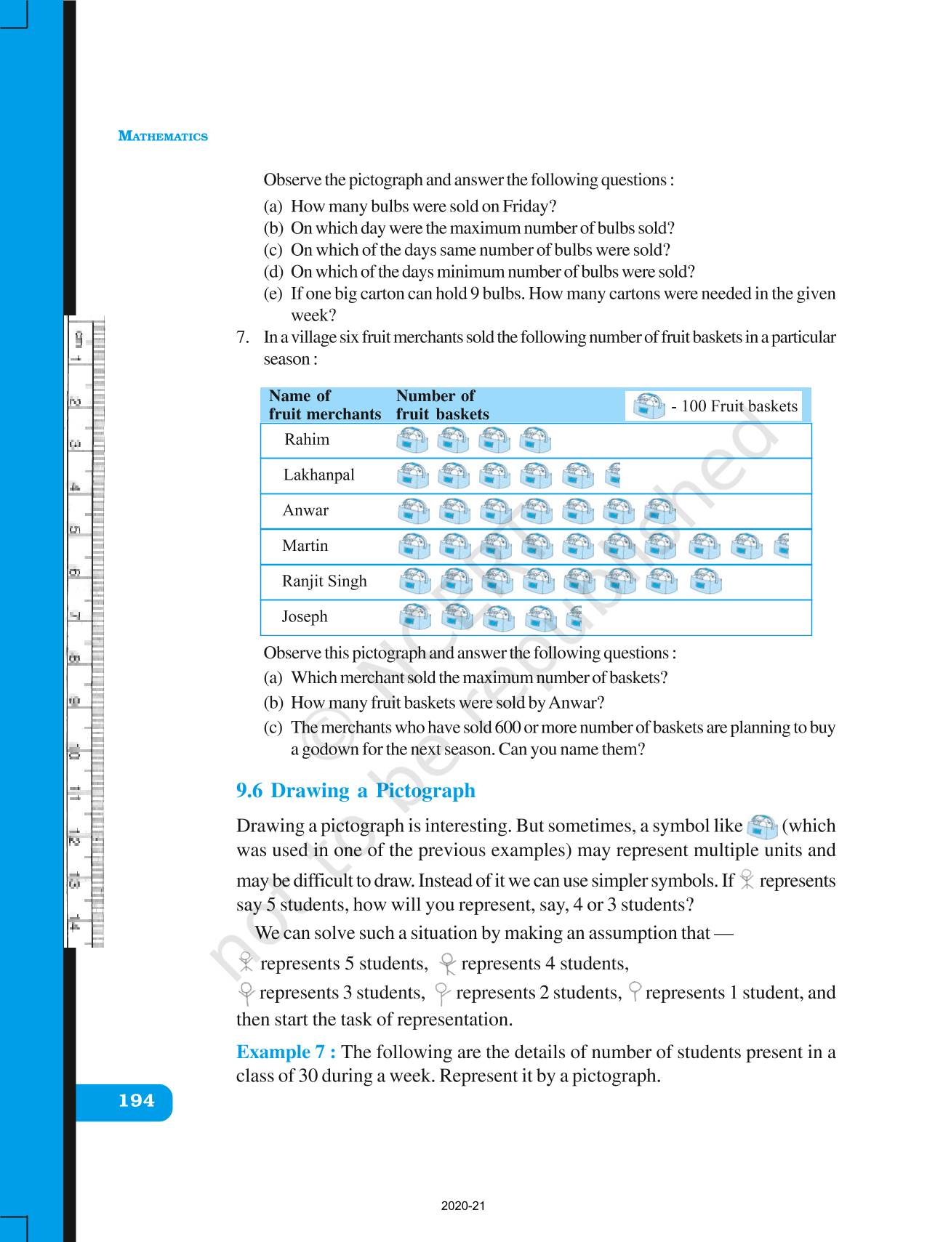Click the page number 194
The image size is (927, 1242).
(x=137, y=1100)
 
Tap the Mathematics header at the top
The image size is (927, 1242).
(x=163, y=137)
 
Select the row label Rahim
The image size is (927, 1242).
(x=307, y=440)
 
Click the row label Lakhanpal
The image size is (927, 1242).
(x=319, y=475)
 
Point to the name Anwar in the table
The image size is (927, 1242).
(x=305, y=511)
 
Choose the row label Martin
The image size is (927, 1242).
(x=305, y=546)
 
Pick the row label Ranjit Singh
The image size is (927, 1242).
(x=324, y=581)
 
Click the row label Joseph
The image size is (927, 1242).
(x=305, y=617)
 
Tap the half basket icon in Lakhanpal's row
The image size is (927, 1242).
(x=613, y=475)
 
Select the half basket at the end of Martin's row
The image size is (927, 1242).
(x=782, y=547)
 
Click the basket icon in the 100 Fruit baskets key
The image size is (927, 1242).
(x=649, y=406)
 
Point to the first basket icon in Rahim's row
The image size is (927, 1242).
(x=413, y=440)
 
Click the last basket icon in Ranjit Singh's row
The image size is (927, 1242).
(x=705, y=581)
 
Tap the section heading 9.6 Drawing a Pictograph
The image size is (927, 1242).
(x=356, y=791)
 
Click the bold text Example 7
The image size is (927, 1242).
(x=286, y=1052)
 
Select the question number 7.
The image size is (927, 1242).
(x=244, y=337)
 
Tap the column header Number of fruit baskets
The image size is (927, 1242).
(x=442, y=405)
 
